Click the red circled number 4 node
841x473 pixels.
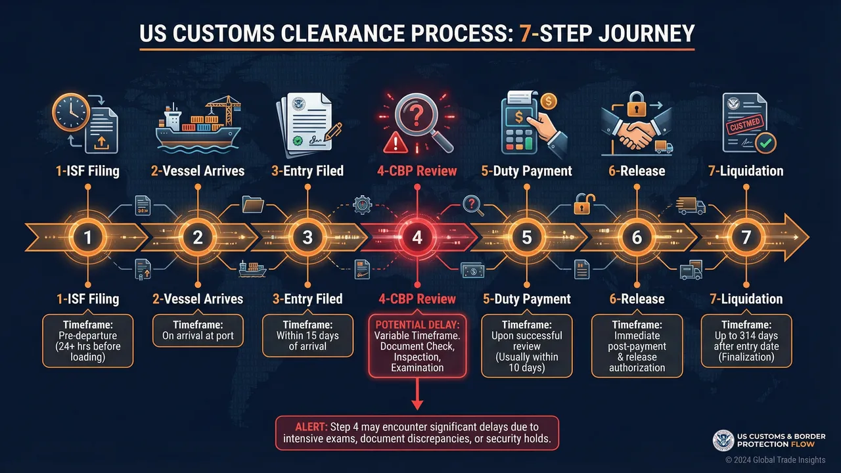coord(417,237)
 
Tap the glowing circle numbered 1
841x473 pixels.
coord(88,237)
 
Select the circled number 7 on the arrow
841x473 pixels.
coord(746,237)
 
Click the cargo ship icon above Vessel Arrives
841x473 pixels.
coord(197,125)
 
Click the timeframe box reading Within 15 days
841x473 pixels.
coord(307,335)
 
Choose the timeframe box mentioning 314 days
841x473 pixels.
coord(746,340)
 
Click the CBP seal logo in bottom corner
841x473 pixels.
coord(723,441)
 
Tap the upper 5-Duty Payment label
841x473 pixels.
coord(527,171)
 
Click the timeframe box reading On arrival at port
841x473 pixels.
coord(198,330)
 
